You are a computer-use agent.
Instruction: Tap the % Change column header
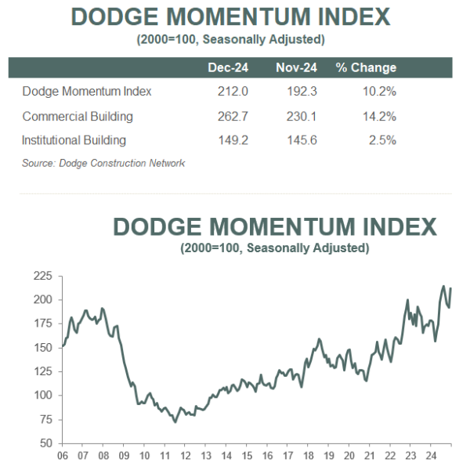point(366,67)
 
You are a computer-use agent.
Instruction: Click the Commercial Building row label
point(78,117)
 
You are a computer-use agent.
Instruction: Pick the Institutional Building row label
point(74,141)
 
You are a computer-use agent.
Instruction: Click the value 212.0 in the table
point(233,92)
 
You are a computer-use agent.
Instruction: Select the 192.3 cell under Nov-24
point(302,92)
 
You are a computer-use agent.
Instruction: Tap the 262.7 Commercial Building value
point(233,117)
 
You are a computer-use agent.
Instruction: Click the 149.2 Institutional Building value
point(233,141)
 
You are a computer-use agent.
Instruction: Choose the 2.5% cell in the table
point(384,141)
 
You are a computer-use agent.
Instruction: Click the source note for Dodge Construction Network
point(103,163)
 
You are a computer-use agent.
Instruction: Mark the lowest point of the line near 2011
point(174,422)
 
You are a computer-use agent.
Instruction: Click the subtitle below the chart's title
point(274,248)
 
